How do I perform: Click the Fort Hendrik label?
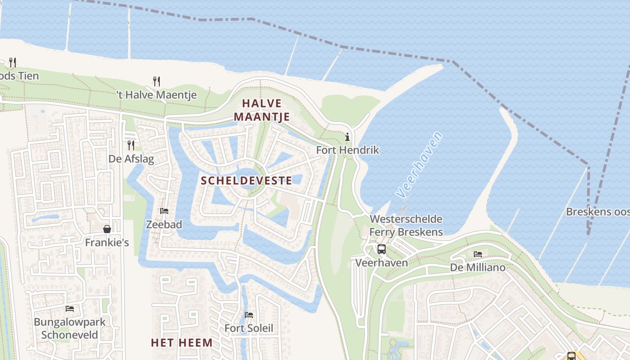click(x=347, y=150)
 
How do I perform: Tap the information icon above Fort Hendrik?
click(x=347, y=137)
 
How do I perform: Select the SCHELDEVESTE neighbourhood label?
click(x=246, y=181)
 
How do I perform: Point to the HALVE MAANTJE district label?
click(x=261, y=110)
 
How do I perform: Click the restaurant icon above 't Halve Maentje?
click(x=157, y=81)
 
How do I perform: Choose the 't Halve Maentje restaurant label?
click(x=157, y=95)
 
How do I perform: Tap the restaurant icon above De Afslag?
click(x=131, y=145)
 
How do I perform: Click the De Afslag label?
click(x=131, y=159)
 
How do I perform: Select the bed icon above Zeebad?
click(x=164, y=211)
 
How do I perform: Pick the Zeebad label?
click(x=164, y=224)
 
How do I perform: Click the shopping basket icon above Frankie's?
click(x=107, y=229)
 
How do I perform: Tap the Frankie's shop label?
click(x=107, y=243)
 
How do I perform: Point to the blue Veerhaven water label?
click(x=418, y=165)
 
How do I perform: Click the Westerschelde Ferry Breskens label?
click(x=406, y=225)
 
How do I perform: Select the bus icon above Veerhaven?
click(x=382, y=249)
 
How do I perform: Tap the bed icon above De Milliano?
click(x=478, y=254)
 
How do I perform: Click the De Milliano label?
click(x=478, y=268)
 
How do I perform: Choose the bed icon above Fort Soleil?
click(x=249, y=315)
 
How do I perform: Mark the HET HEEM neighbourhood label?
click(x=182, y=343)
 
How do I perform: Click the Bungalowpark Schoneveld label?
click(x=70, y=328)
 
